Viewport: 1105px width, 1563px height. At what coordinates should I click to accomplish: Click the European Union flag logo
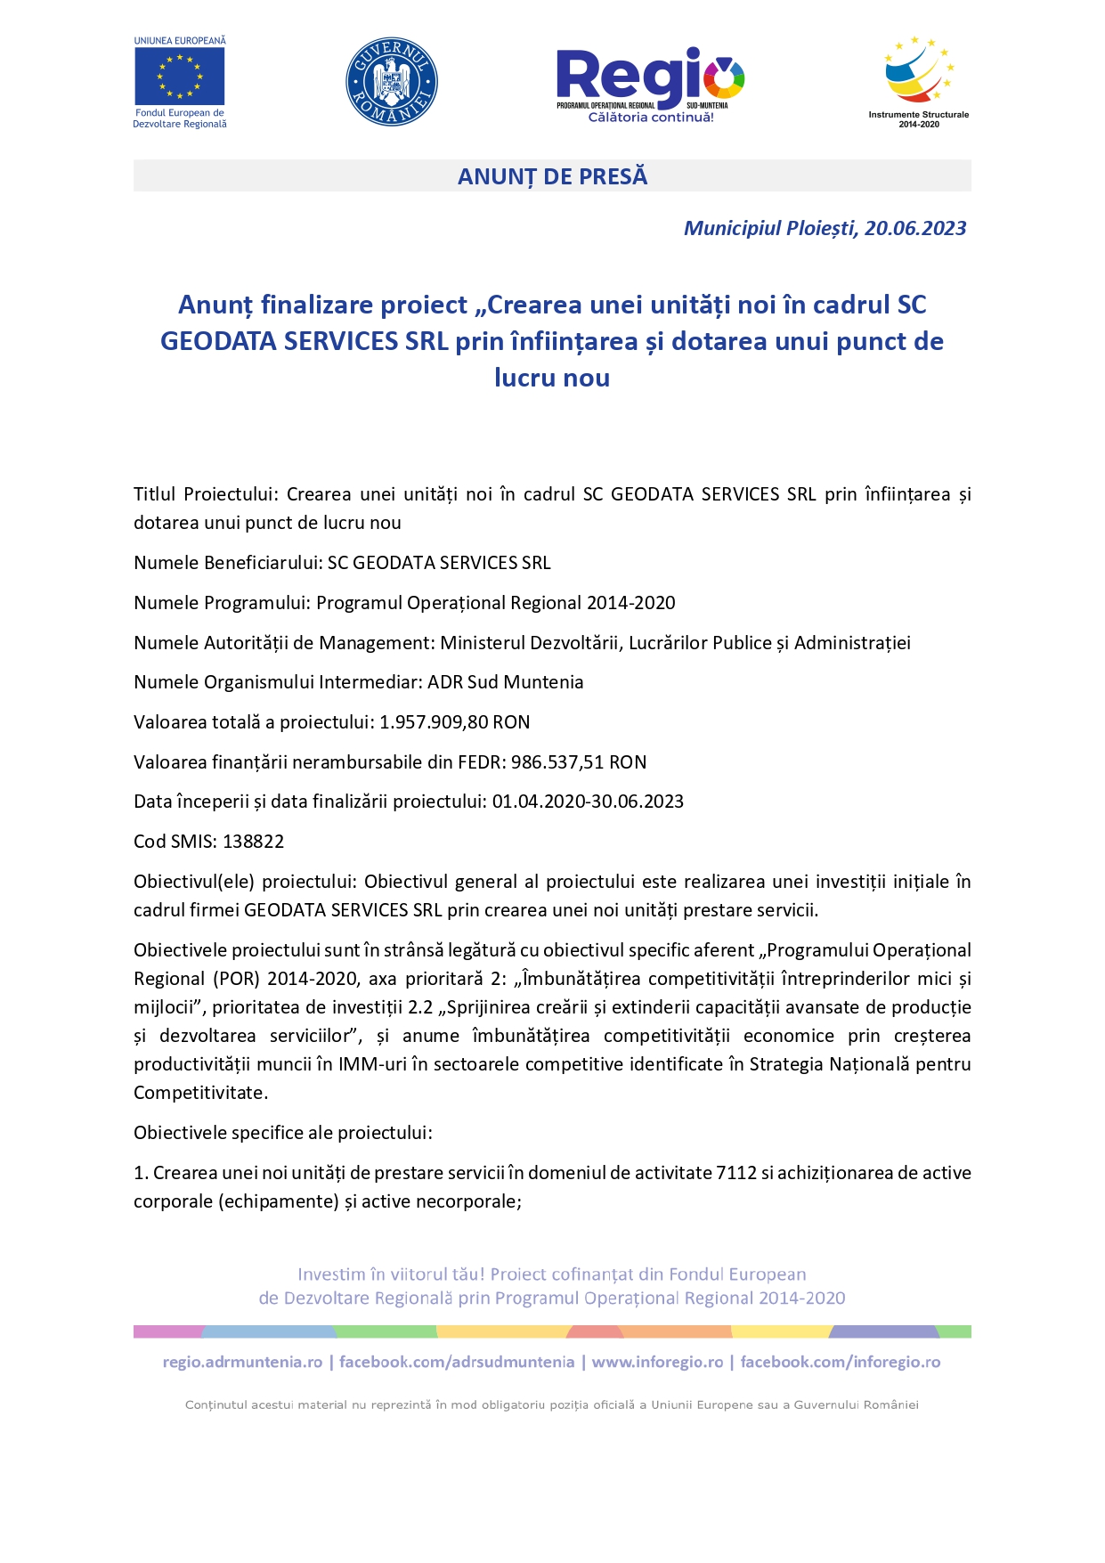click(179, 76)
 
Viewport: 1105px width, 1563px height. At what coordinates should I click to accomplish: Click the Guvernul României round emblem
click(391, 82)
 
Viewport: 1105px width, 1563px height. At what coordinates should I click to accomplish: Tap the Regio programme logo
click(650, 80)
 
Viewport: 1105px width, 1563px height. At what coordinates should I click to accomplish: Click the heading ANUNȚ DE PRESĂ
click(552, 176)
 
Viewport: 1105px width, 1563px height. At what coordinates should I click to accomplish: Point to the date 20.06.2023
click(915, 228)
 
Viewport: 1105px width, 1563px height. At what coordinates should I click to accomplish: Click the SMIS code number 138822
click(254, 842)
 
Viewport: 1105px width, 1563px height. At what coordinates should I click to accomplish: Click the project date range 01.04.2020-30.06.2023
click(588, 802)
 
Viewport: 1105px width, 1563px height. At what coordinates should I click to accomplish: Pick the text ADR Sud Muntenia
click(505, 682)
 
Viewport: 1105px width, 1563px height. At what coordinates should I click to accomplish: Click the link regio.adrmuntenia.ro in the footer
click(242, 1362)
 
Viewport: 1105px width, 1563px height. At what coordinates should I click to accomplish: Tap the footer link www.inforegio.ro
click(657, 1362)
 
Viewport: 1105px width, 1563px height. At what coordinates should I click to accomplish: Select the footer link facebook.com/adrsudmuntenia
click(457, 1362)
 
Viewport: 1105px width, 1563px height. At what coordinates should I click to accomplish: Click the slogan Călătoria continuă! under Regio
click(651, 118)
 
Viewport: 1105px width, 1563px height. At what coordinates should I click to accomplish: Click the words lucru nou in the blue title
click(552, 378)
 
